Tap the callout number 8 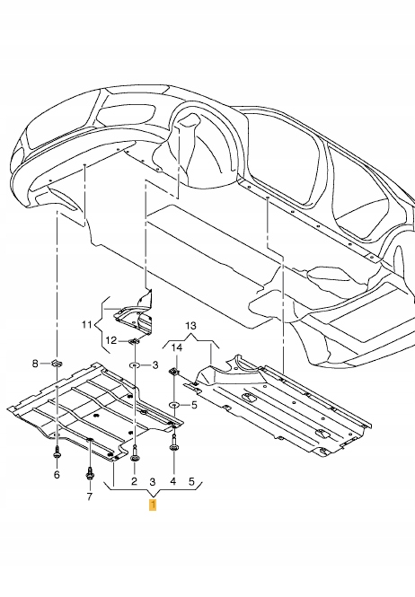(x=36, y=364)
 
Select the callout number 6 (x=56, y=474)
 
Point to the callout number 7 (x=89, y=496)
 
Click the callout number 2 (x=135, y=482)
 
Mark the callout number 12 (x=110, y=340)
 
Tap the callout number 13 (x=190, y=324)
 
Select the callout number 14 (x=177, y=347)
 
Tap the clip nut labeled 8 (x=55, y=363)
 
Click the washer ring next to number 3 (x=134, y=366)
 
